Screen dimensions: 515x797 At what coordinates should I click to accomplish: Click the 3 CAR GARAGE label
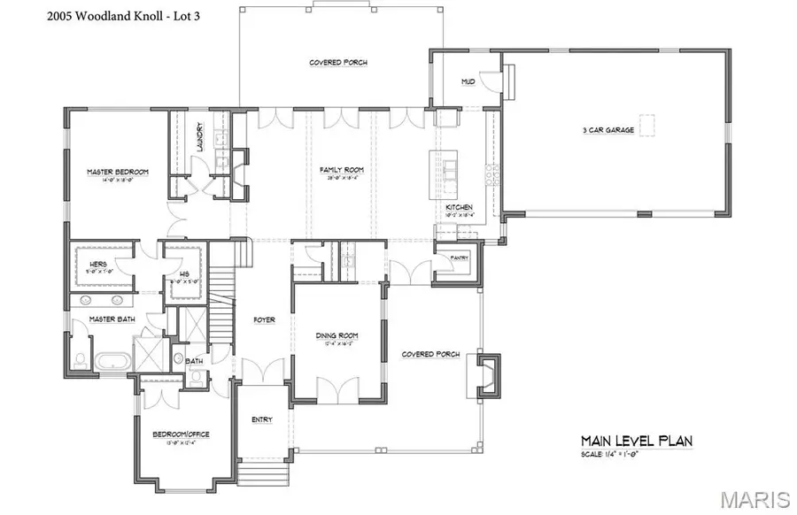coord(607,130)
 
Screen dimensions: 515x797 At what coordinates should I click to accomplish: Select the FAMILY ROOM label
coord(342,170)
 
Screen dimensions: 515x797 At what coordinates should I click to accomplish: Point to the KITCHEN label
coord(459,208)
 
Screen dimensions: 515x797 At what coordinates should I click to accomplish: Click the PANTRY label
coord(459,257)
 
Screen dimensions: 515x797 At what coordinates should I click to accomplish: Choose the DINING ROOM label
coord(337,335)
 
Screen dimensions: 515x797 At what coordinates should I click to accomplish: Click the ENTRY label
coord(262,419)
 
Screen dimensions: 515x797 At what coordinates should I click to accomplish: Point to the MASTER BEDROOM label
coord(117,171)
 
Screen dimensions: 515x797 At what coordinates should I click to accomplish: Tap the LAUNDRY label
coord(201,137)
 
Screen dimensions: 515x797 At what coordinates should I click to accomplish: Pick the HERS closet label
coord(98,265)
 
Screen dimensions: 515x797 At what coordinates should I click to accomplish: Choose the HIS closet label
coord(183,273)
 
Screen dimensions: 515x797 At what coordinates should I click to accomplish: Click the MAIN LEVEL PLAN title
coord(636,440)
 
